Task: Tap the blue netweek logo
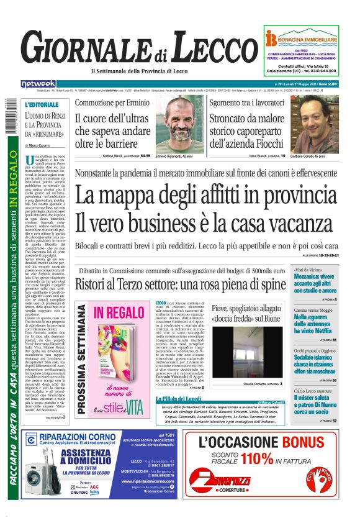(x=38, y=83)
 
